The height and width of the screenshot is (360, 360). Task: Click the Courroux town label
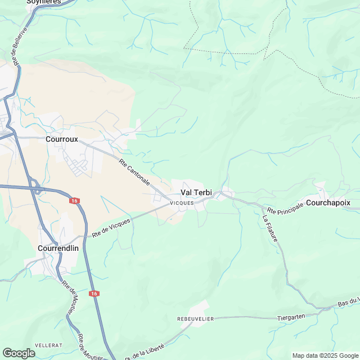(x=62, y=139)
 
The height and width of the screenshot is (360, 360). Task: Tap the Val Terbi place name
(x=196, y=192)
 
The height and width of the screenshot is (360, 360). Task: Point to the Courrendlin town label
(x=58, y=247)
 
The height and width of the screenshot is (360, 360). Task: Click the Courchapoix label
(x=328, y=202)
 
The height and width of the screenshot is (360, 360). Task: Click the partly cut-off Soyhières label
(x=43, y=2)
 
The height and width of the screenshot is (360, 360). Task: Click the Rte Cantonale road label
(x=134, y=173)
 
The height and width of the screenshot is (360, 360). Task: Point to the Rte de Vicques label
(x=111, y=227)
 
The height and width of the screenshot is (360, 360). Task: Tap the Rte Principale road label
(x=285, y=208)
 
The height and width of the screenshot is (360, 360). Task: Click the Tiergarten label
(x=291, y=317)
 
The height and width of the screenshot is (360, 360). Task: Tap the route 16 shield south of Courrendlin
(x=94, y=294)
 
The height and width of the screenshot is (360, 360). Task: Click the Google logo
(x=19, y=353)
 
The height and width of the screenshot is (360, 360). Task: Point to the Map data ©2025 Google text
(x=325, y=355)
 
